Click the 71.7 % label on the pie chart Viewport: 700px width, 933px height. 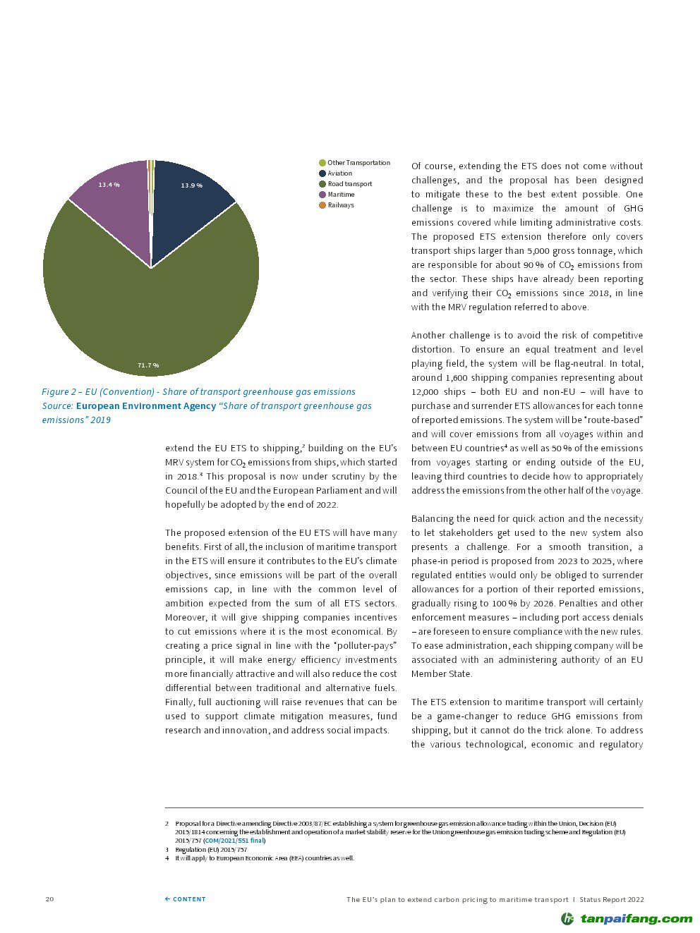148,365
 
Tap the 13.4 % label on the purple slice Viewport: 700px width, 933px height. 109,185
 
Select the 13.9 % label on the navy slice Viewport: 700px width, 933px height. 191,185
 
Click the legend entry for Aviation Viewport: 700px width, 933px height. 339,173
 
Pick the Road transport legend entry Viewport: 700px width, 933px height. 349,184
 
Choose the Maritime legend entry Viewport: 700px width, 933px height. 341,195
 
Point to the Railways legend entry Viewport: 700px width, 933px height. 340,205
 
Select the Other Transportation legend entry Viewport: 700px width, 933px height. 358,163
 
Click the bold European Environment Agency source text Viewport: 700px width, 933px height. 146,406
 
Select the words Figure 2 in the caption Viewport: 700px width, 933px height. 59,392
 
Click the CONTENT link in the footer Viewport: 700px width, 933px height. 186,899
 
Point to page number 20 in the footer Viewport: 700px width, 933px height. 49,899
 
